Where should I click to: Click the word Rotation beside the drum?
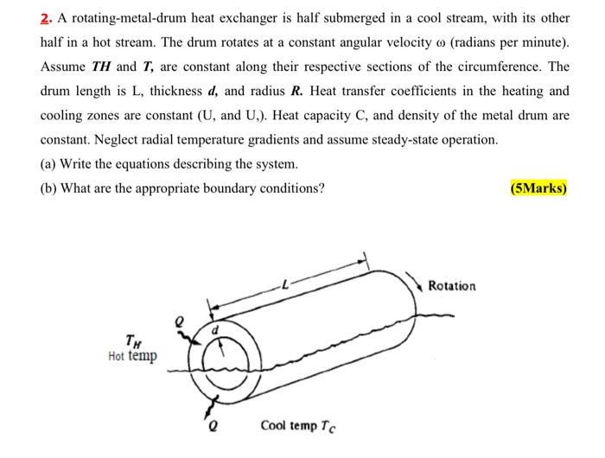click(x=451, y=286)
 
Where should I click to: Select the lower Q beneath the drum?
click(x=210, y=424)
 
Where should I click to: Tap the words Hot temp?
click(x=133, y=356)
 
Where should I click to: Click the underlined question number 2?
click(x=48, y=18)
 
